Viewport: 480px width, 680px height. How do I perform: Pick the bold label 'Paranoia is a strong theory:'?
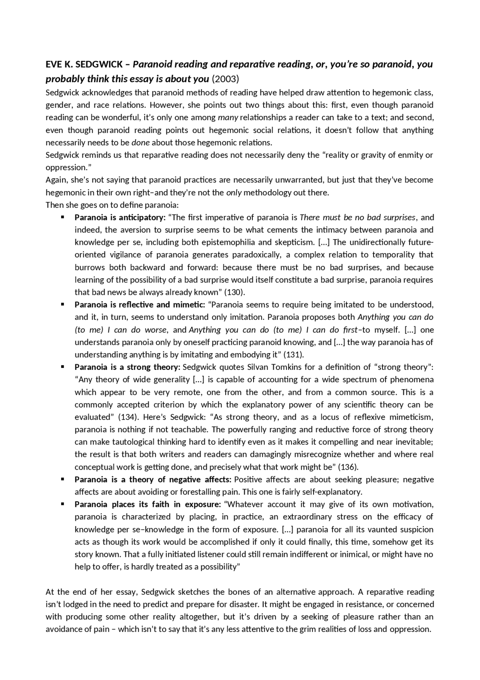point(127,367)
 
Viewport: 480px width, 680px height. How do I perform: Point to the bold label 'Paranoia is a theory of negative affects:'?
point(153,479)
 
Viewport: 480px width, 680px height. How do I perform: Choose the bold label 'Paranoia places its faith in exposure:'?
point(147,504)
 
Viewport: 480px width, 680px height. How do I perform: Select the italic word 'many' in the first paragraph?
point(228,118)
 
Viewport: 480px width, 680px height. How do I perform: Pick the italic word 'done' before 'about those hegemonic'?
point(141,143)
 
